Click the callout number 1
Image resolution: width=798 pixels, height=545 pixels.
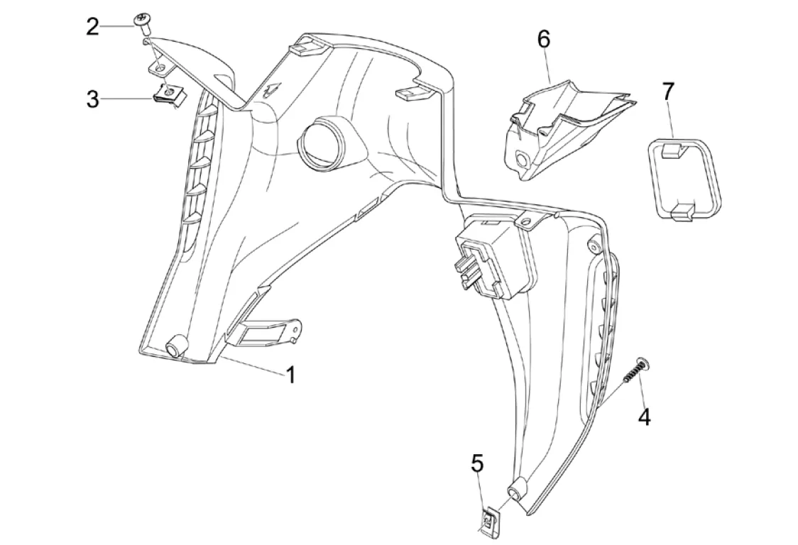coord(290,374)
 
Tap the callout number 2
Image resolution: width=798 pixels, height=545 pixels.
coord(92,28)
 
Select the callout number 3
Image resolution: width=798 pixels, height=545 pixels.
coord(92,99)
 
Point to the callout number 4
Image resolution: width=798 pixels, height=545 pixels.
coord(643,417)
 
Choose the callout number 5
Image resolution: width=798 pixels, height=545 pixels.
coord(477,464)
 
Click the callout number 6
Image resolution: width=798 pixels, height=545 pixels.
coord(543,40)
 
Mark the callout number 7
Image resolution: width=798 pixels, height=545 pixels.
coord(668,92)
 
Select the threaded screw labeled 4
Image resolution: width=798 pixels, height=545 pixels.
coord(635,373)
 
